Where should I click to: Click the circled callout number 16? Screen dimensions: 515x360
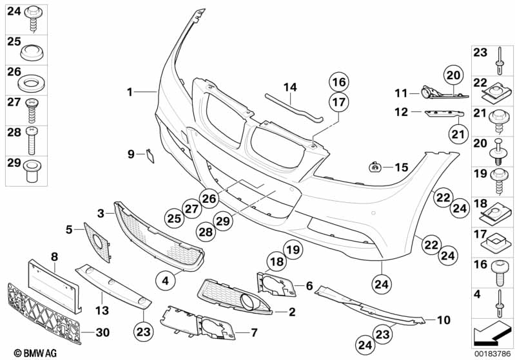[339, 82]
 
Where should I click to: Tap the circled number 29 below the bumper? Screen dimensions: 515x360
[223, 220]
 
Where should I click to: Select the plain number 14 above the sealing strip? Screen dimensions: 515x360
[290, 88]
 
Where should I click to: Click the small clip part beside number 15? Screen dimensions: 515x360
[374, 167]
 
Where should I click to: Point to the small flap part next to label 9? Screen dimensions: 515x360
[150, 156]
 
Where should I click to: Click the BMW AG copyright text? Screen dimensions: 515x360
[35, 353]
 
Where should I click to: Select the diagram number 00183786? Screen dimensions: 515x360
[492, 354]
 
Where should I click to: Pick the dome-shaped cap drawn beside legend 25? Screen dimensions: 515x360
[32, 53]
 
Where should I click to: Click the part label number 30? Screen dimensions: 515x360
[102, 332]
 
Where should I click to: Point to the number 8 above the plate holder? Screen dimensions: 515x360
[55, 256]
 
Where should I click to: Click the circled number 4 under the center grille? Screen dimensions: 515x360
[166, 281]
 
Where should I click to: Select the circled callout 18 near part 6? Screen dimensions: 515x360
[277, 261]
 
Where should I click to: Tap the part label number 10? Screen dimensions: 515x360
[444, 319]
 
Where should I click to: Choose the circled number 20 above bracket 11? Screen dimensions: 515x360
[453, 75]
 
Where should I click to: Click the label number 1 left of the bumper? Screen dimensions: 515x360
[130, 92]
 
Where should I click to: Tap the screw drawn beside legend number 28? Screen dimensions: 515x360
[32, 140]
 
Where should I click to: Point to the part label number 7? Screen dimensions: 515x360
[254, 333]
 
